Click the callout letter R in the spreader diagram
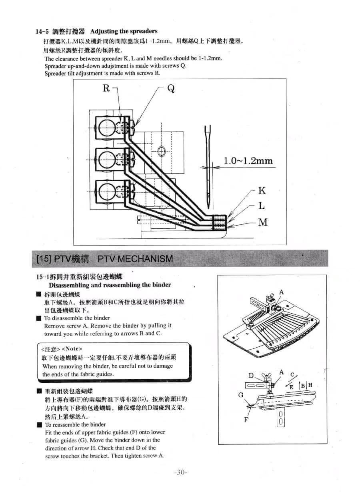click(106, 88)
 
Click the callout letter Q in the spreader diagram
click(171, 88)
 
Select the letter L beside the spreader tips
click(261, 206)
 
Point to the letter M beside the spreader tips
click(263, 222)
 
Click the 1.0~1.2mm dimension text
click(248, 161)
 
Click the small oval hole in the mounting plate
click(162, 151)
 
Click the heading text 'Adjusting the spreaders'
click(124, 31)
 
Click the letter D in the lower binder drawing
click(251, 376)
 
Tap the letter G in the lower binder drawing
click(241, 395)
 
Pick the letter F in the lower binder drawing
click(246, 420)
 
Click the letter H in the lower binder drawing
click(310, 385)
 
